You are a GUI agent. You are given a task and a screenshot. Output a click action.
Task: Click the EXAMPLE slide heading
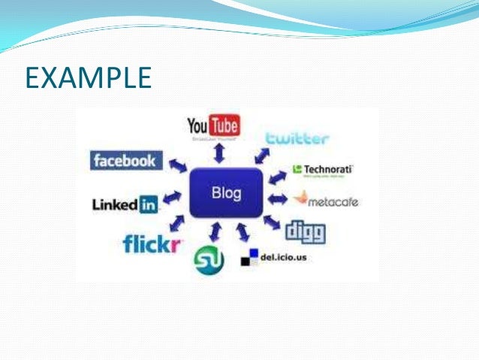pyautogui.click(x=89, y=77)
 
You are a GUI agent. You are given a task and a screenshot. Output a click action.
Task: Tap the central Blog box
pyautogui.click(x=226, y=193)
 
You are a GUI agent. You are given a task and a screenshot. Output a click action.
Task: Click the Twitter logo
pyautogui.click(x=297, y=138)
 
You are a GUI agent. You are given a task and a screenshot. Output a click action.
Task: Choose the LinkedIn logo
pyautogui.click(x=125, y=204)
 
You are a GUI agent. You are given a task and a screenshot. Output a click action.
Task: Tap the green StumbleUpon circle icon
pyautogui.click(x=208, y=259)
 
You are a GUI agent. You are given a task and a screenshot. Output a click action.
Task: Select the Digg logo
pyautogui.click(x=306, y=231)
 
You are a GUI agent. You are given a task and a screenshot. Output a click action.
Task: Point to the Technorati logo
pyautogui.click(x=322, y=169)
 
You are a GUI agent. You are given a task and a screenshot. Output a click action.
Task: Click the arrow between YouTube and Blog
pyautogui.click(x=219, y=154)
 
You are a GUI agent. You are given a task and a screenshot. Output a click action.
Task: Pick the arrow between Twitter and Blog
pyautogui.click(x=262, y=156)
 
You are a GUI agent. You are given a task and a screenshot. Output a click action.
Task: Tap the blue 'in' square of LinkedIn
pyautogui.click(x=149, y=204)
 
